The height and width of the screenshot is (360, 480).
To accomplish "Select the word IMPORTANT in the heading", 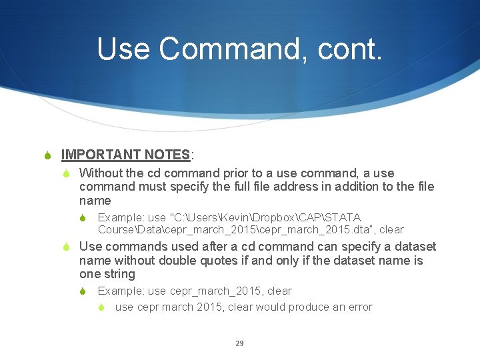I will [x=100, y=155].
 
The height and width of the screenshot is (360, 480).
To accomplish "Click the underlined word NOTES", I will [x=166, y=155].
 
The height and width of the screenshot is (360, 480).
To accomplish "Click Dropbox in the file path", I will [x=247, y=217].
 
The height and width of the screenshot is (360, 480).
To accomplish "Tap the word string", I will [x=121, y=274].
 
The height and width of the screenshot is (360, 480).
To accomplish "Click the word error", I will [x=359, y=307].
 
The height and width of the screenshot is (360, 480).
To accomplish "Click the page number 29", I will [x=239, y=343].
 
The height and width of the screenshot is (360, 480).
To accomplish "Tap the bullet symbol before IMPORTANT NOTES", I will [x=47, y=156].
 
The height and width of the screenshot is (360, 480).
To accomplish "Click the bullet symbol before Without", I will [x=67, y=173].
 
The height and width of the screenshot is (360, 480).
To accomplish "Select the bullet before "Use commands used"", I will [x=67, y=247].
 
